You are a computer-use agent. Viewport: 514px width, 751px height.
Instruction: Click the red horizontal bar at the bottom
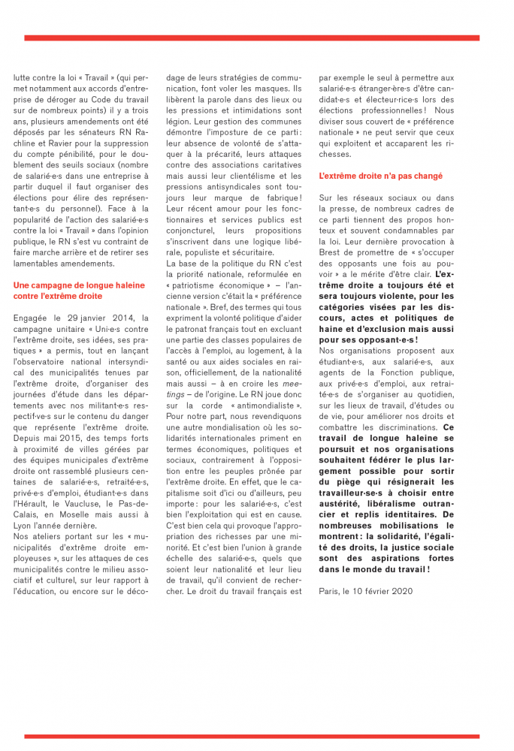point(252,736)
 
